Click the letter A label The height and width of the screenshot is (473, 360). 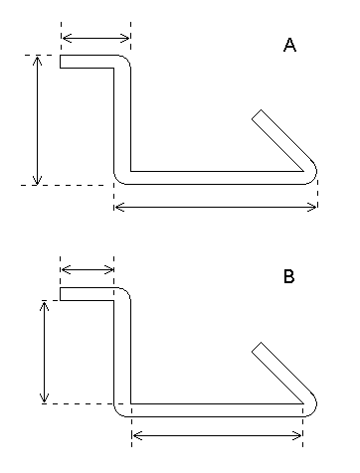pyautogui.click(x=289, y=46)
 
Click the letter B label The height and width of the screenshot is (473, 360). pyautogui.click(x=288, y=278)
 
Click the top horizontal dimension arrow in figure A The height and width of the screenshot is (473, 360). pyautogui.click(x=95, y=39)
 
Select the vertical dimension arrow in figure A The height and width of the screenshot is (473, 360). pyautogui.click(x=38, y=120)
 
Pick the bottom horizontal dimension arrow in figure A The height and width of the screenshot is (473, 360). pyautogui.click(x=216, y=207)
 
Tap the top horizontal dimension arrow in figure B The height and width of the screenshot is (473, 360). pyautogui.click(x=88, y=270)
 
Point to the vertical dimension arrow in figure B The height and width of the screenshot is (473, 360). pyautogui.click(x=44, y=352)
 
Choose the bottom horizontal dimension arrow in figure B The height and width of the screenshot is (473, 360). pyautogui.click(x=217, y=436)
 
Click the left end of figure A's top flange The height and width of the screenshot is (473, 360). pyautogui.click(x=62, y=62)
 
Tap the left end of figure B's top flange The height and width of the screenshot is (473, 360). pyautogui.click(x=62, y=294)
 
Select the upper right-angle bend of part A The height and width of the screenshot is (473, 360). pyautogui.click(x=125, y=62)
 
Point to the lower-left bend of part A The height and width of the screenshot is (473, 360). pyautogui.click(x=120, y=177)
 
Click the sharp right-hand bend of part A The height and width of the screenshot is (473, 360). pyautogui.click(x=312, y=171)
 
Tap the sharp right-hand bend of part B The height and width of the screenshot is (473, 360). pyautogui.click(x=312, y=403)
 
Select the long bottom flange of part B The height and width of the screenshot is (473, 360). pyautogui.click(x=214, y=409)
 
